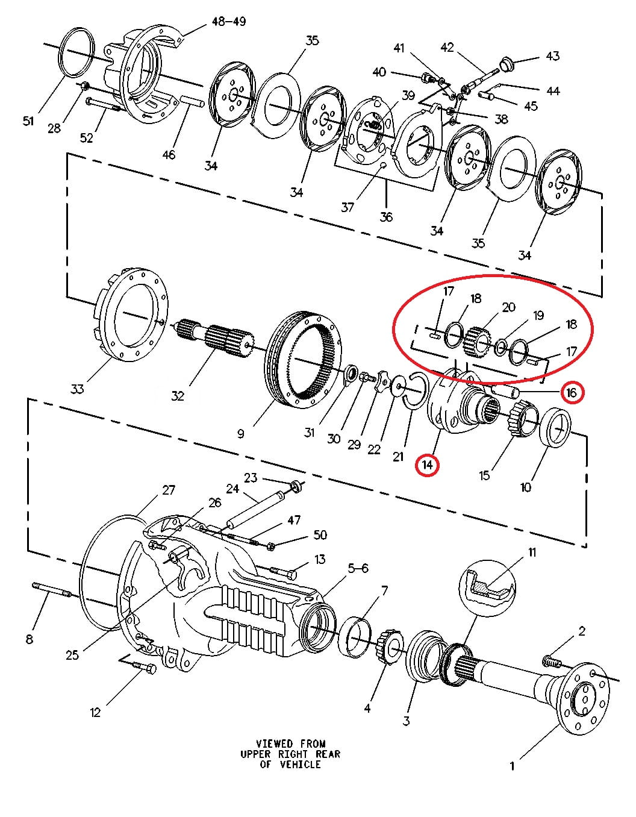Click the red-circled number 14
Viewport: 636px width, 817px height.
tap(427, 465)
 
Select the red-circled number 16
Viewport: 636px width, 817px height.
tap(571, 393)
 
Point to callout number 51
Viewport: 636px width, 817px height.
tap(28, 121)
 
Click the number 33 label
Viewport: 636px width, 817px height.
tap(76, 389)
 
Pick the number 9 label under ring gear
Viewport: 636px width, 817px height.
tap(240, 433)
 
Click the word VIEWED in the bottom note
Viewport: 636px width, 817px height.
tap(274, 744)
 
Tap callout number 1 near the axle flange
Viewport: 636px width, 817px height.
tap(512, 766)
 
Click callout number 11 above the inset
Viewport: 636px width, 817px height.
tap(532, 552)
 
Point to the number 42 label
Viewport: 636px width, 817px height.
tap(447, 47)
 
